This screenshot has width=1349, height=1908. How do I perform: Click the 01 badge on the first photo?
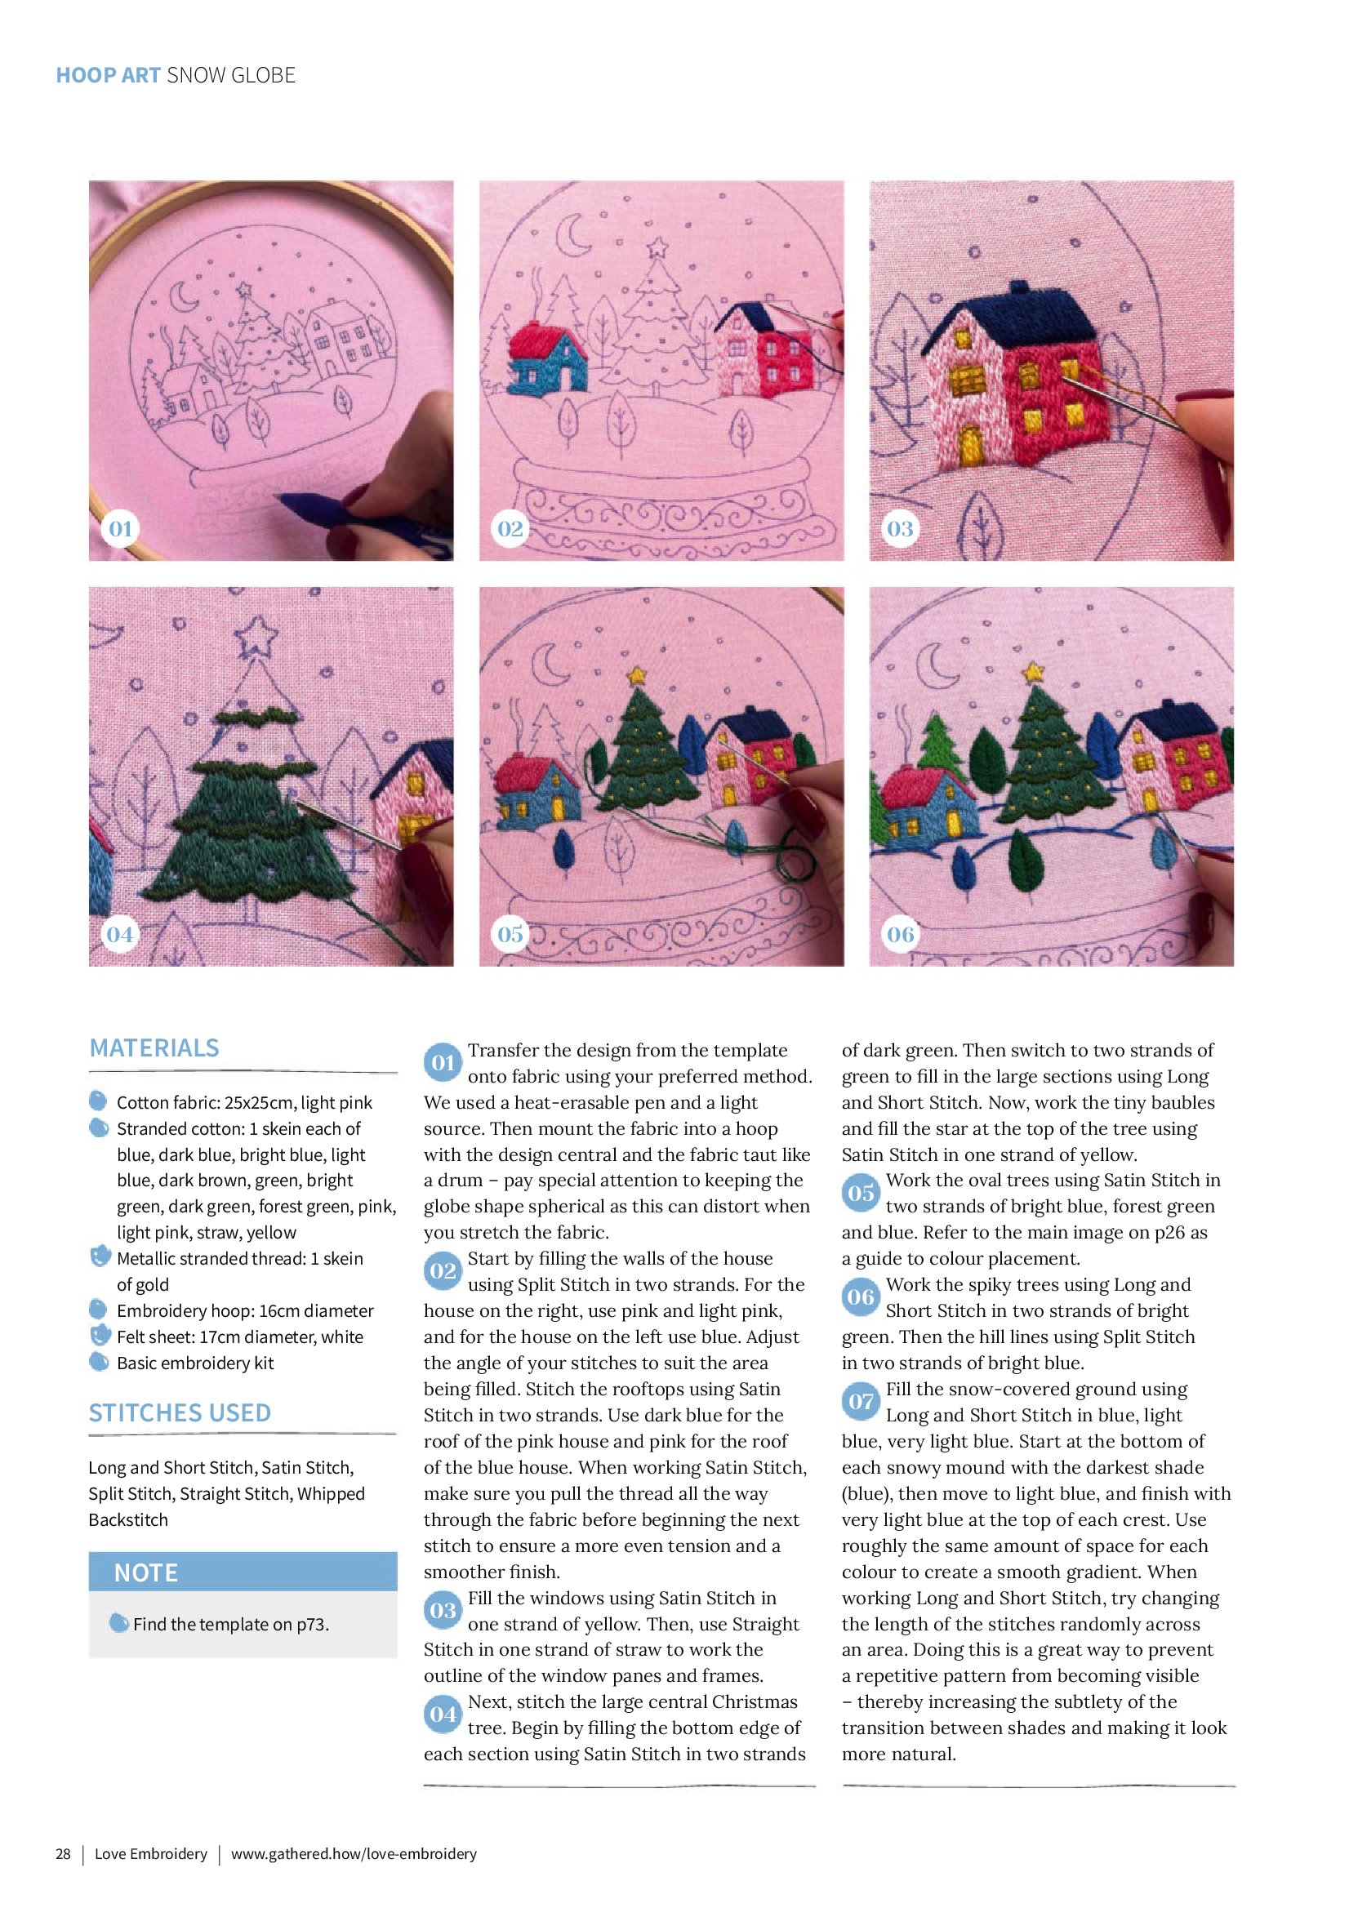coord(121,528)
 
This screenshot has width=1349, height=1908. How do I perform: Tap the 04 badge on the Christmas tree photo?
coord(120,934)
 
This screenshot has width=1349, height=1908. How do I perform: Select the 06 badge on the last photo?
coord(900,934)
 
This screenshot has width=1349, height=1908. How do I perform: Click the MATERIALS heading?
coord(154,1048)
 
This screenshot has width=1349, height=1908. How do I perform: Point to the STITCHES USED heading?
coord(180,1412)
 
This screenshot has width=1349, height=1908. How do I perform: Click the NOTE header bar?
coord(243,1572)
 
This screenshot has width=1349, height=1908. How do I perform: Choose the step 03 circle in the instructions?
coord(443,1611)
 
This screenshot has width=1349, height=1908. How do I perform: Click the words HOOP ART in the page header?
coord(108,75)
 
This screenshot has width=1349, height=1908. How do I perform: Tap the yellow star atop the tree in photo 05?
coord(637,674)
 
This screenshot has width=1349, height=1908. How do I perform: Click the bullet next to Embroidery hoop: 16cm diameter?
coord(98,1310)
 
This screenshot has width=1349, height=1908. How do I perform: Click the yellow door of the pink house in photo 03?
coord(970,446)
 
